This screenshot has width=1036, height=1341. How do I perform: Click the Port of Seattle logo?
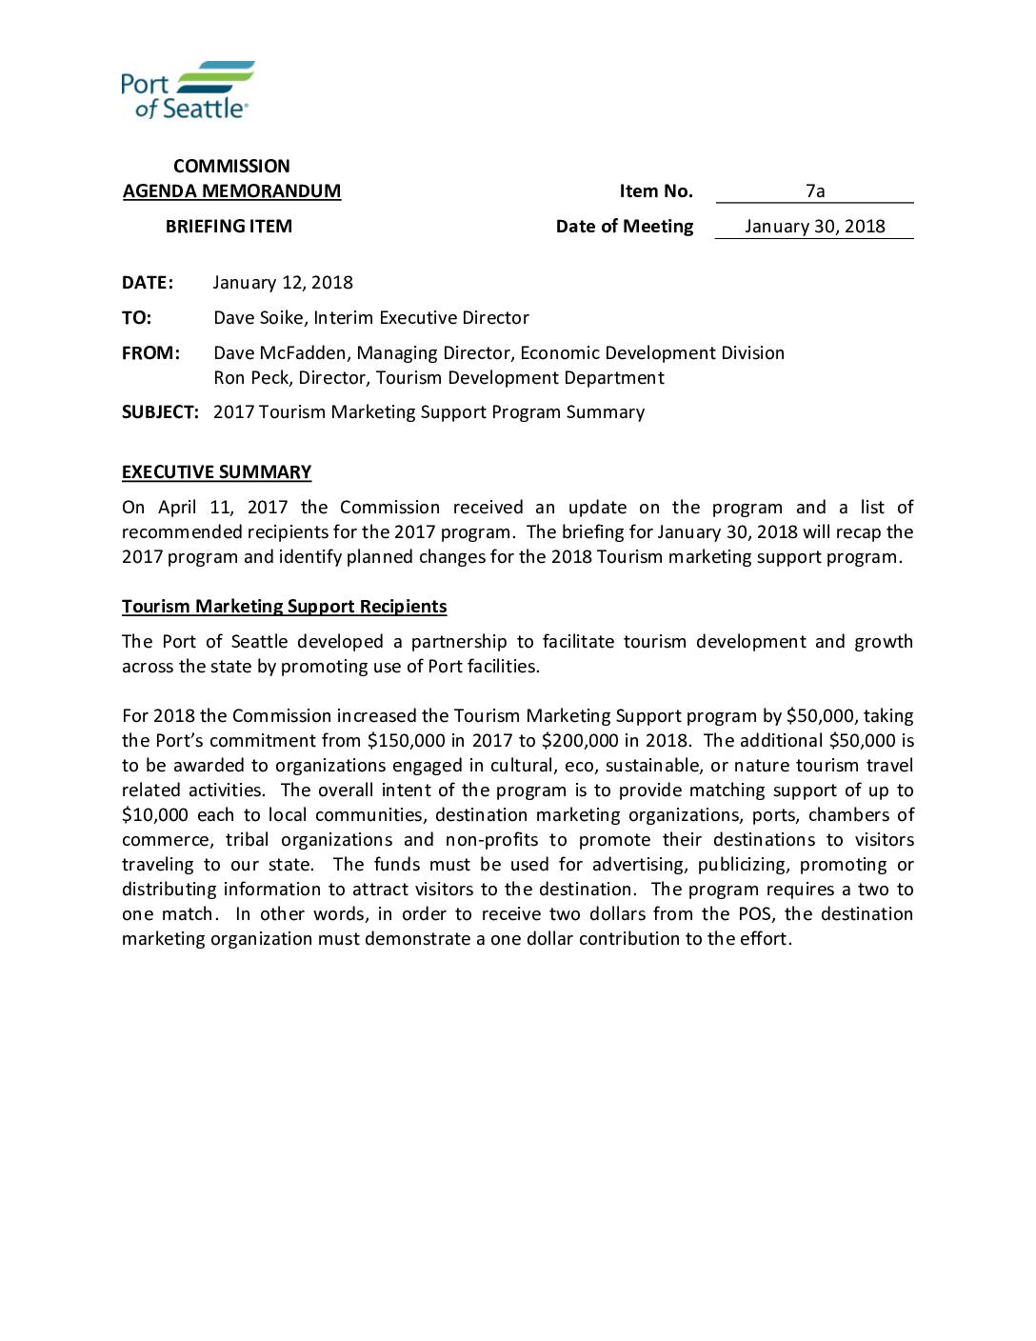click(188, 90)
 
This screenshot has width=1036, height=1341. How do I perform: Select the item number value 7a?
click(815, 190)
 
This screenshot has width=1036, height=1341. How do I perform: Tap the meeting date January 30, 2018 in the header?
click(814, 227)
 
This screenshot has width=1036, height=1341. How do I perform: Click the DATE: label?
click(148, 283)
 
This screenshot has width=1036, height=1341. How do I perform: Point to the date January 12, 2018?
click(283, 283)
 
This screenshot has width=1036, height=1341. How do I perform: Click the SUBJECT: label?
click(160, 412)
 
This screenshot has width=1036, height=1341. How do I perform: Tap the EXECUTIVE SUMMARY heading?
click(216, 472)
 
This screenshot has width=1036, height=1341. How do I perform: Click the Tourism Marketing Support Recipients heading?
click(284, 607)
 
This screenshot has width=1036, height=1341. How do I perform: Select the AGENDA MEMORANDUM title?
click(231, 191)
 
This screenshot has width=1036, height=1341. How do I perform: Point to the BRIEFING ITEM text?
click(229, 227)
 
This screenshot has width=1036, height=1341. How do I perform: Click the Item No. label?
click(656, 191)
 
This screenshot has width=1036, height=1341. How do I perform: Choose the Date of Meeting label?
click(625, 227)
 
